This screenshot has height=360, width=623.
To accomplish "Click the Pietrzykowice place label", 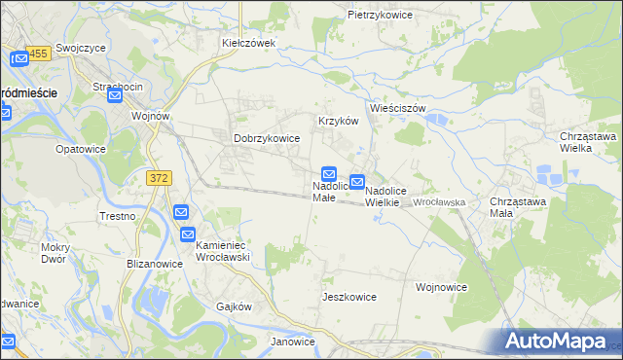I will coord(381,16).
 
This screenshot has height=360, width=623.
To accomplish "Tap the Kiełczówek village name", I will coord(249,43).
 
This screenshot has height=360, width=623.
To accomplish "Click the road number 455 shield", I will coord(38,55).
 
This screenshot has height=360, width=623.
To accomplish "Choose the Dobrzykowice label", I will coord(266,139).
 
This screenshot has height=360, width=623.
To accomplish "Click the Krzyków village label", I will coord(339,121).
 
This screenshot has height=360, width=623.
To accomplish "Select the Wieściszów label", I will coord(398,108).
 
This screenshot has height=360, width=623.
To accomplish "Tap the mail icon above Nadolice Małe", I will coord(330,172).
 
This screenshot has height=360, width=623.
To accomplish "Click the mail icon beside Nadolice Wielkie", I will coord(357,182).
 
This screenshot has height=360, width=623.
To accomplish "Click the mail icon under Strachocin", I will coord(115,96).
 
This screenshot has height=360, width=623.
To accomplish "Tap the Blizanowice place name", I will coord(155,264).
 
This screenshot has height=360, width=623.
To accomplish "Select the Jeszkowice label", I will coord(349,294).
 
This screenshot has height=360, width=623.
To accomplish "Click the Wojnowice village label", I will coord(441,287).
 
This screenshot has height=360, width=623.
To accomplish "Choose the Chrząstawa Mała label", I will coord(514,206).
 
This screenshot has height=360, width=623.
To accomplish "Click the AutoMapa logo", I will coord(561,342).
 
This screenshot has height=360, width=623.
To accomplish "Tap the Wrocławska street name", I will coord(441,202).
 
